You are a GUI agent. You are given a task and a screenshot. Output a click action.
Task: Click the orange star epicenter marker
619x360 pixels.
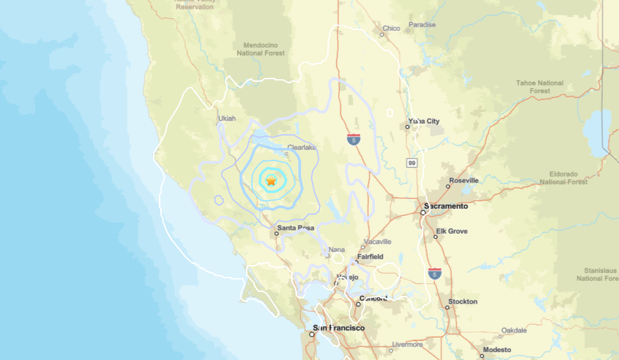coord(271,180)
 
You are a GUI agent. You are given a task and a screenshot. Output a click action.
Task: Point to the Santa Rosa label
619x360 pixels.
coord(296,228)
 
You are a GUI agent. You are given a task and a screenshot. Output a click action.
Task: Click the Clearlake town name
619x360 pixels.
coord(302,148)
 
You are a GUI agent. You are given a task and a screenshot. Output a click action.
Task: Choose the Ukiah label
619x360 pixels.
coord(226,118)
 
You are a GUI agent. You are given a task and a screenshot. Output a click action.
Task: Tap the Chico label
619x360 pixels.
coord(391,28)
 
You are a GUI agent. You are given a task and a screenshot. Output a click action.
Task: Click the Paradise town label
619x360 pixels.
coord(422,25)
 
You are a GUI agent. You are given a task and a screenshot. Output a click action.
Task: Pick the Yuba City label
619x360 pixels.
coord(424,121)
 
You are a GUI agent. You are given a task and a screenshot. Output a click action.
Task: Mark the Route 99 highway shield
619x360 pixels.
coord(411,162)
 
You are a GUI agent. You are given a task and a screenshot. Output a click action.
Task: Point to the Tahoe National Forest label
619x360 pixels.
coord(540,87)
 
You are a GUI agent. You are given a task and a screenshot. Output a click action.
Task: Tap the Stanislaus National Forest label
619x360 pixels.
coord(598,274)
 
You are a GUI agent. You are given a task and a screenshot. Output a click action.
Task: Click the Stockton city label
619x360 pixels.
coord(463,302)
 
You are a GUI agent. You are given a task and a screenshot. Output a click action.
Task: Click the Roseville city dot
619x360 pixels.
coord(448,187)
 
